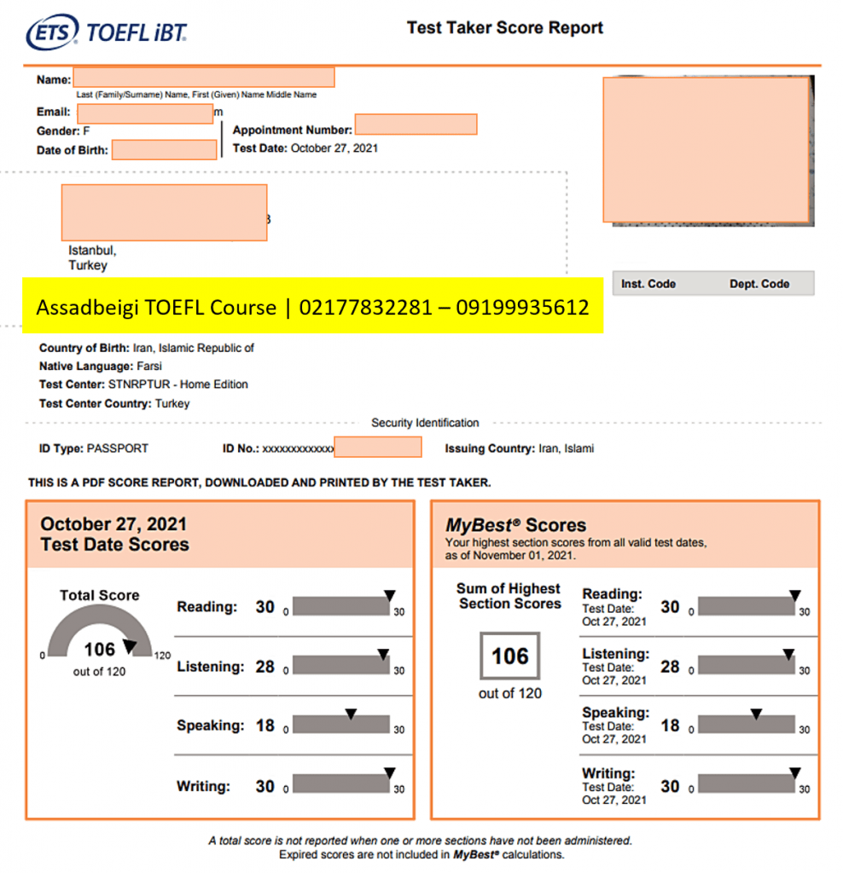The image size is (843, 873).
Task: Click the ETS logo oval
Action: (x=53, y=32)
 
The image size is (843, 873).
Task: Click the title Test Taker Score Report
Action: (x=504, y=27)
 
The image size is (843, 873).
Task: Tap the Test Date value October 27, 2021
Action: (x=334, y=148)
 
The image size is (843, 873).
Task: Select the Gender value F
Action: (x=86, y=131)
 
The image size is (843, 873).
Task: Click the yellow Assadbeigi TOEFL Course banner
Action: (x=312, y=307)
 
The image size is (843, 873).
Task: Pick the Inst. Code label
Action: (x=648, y=284)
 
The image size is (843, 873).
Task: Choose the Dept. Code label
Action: (x=759, y=284)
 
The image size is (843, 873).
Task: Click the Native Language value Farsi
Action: (x=148, y=366)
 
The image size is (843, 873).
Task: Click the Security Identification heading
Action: (x=425, y=423)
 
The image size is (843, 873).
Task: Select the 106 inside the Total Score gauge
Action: (x=99, y=650)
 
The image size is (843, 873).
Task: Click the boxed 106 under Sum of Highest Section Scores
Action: (x=509, y=656)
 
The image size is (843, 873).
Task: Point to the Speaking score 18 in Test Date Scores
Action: (x=265, y=726)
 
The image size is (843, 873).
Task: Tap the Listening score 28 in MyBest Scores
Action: (x=670, y=667)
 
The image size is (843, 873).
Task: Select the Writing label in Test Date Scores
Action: (x=203, y=786)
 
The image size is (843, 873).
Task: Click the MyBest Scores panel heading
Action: (x=515, y=525)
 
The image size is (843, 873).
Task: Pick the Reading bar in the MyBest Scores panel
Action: (x=747, y=606)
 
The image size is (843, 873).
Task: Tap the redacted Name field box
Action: (x=204, y=78)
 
